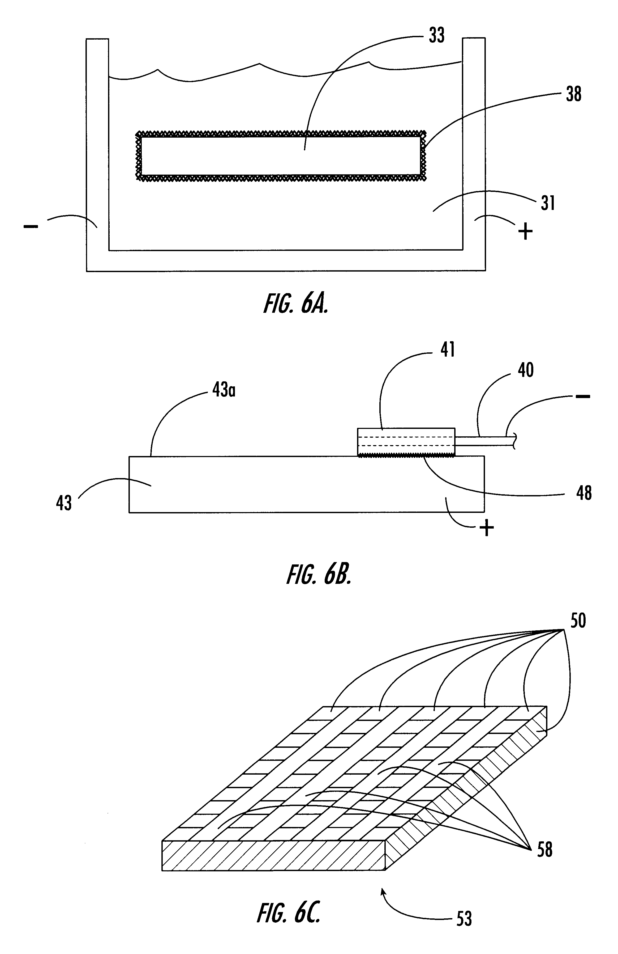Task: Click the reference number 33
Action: coord(437,35)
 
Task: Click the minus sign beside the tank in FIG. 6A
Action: coord(31,226)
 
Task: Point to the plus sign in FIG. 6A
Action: coord(525,231)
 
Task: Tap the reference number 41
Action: coord(447,350)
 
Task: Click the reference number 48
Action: coord(583,493)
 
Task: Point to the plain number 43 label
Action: coord(64,503)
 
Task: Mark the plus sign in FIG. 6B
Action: coord(487,528)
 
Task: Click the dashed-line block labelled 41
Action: coord(406,442)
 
